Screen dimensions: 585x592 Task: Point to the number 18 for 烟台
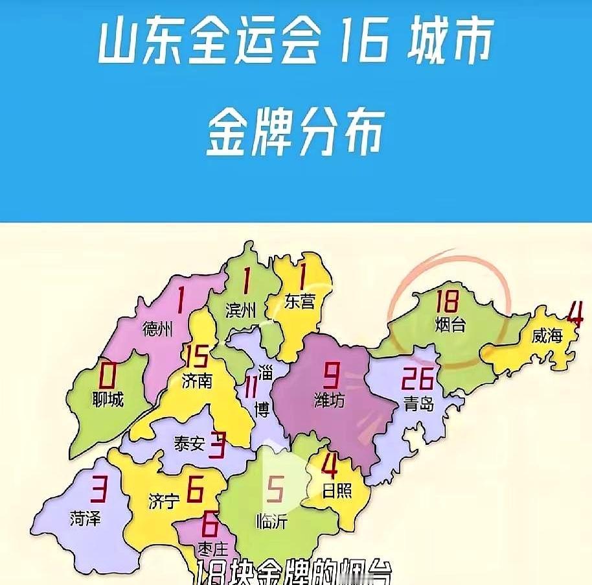448,302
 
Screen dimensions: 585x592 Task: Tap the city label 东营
300,302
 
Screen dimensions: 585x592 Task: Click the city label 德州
157,329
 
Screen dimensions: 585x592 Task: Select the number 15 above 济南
196,356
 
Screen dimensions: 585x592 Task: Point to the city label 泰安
189,443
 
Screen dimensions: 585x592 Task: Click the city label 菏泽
85,518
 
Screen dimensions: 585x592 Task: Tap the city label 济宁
164,501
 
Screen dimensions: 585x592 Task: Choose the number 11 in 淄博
251,389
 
